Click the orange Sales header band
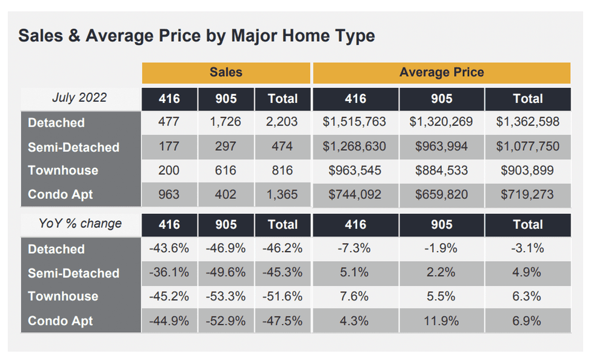[x=225, y=73]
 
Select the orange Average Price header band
[x=441, y=73]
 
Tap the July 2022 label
[x=79, y=98]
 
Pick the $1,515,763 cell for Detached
[x=355, y=122]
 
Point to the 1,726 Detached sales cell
[x=225, y=122]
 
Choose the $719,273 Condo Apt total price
[x=527, y=195]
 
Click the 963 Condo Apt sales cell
[x=169, y=195]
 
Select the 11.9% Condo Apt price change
[x=441, y=321]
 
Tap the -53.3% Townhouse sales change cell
[x=225, y=296]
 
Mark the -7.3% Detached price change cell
[x=355, y=248]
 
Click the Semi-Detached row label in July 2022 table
[x=73, y=147]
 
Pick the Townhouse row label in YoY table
[x=62, y=296]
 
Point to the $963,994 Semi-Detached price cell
[x=441, y=147]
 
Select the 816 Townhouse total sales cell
[x=282, y=170]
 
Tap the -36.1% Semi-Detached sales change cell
[x=169, y=273]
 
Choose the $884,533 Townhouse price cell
[x=441, y=170]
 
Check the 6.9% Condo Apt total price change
[x=527, y=321]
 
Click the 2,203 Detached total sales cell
[x=282, y=122]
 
